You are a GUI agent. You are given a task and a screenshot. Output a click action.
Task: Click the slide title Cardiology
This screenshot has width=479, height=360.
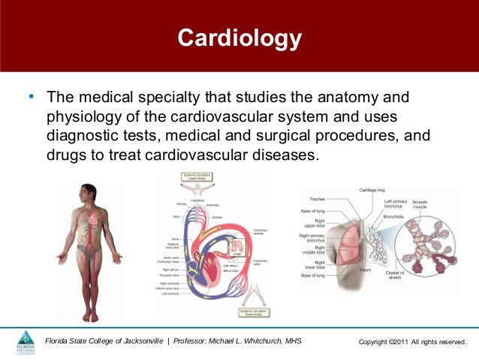tap(239, 38)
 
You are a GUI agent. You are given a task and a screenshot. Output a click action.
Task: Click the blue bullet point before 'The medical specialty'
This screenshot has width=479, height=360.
tap(30, 98)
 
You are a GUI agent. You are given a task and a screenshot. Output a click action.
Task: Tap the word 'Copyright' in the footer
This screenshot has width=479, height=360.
tap(378, 343)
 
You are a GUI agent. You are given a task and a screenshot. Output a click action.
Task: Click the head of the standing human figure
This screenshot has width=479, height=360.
tap(89, 192)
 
